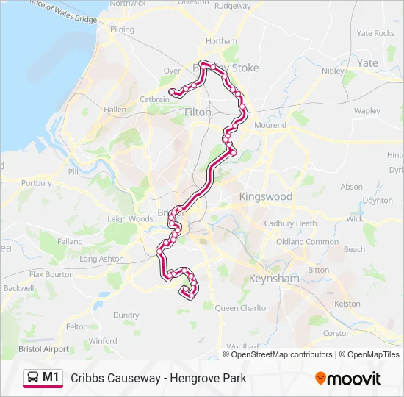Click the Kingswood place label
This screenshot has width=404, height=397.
pyautogui.click(x=265, y=196)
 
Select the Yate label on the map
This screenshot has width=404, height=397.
pyautogui.click(x=367, y=63)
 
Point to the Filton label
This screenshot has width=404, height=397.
pyautogui.click(x=197, y=113)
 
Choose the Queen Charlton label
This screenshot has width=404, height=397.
pyautogui.click(x=242, y=308)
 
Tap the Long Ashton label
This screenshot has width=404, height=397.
pyautogui.click(x=102, y=259)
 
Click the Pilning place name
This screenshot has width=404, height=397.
pyautogui.click(x=122, y=30)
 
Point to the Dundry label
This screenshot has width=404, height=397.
pyautogui.click(x=126, y=315)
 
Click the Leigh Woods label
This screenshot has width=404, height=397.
pyautogui.click(x=130, y=218)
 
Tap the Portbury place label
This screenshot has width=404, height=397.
pyautogui.click(x=37, y=183)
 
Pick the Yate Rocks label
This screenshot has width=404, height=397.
pyautogui.click(x=375, y=33)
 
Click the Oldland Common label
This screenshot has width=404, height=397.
pyautogui.click(x=307, y=242)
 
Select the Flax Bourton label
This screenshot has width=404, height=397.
pyautogui.click(x=51, y=274)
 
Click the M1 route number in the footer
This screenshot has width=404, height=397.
pyautogui.click(x=51, y=377)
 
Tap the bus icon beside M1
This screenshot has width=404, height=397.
pyautogui.click(x=33, y=377)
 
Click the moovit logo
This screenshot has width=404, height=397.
pyautogui.click(x=348, y=379)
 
